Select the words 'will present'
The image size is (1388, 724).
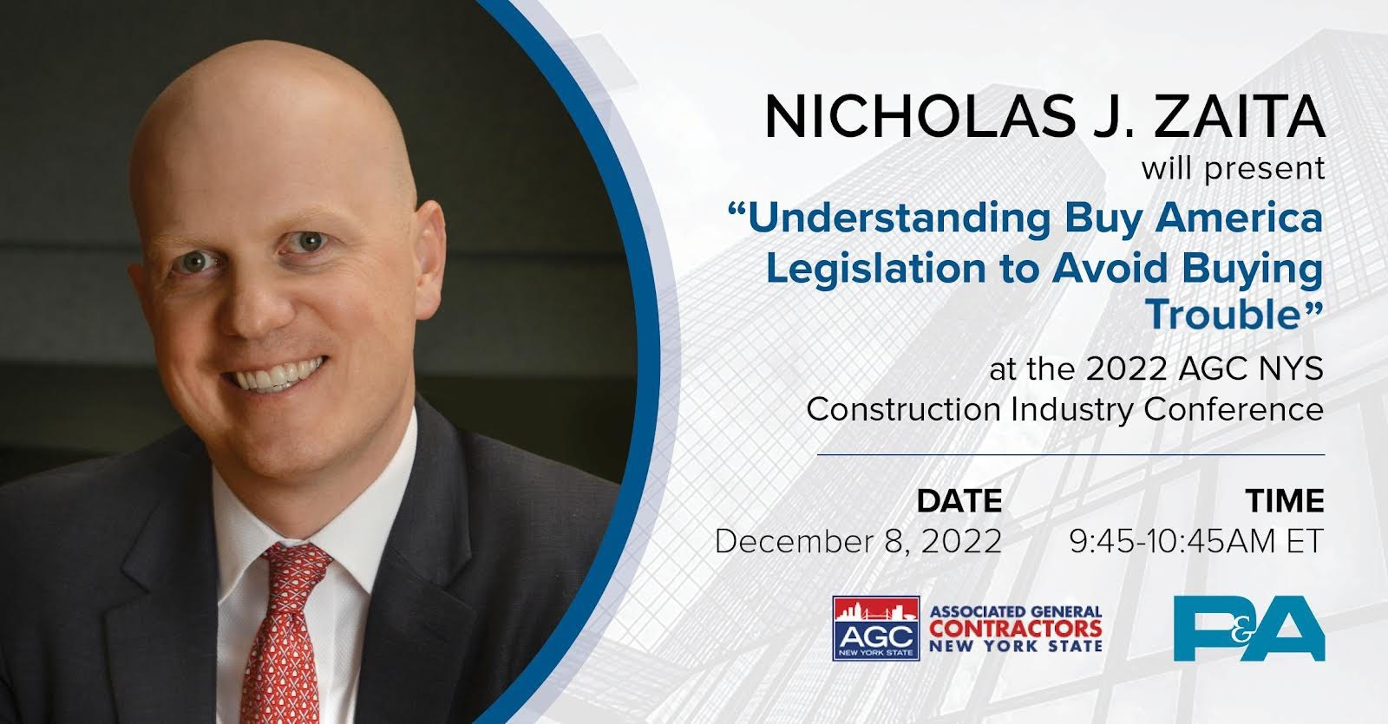[1233, 169]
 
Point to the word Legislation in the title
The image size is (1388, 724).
[875, 269]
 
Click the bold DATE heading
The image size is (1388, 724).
[959, 501]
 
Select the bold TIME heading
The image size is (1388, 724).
[1285, 501]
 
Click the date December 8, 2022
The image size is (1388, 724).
[858, 542]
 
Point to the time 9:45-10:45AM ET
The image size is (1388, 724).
[1196, 541]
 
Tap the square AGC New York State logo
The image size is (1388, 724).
[875, 628]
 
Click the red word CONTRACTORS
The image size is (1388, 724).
[1016, 629]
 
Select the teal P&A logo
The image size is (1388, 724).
[1249, 628]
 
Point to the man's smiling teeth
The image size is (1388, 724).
[278, 375]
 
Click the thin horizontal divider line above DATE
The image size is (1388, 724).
[1070, 455]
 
